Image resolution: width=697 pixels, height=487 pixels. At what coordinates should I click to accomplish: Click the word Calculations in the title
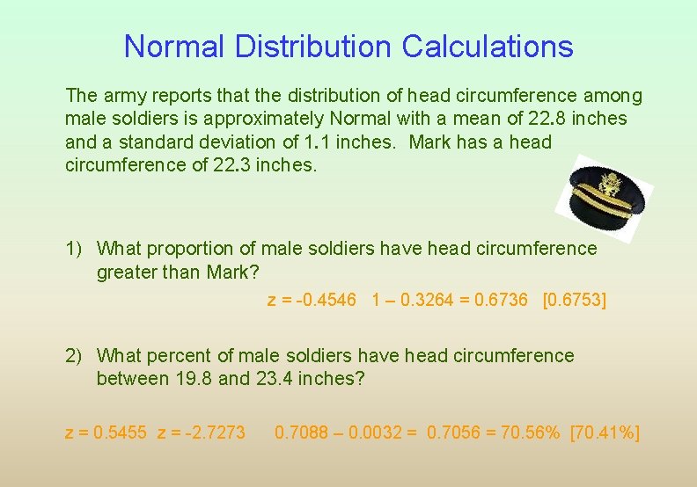tap(488, 46)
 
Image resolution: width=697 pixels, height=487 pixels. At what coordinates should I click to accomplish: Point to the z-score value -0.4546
tap(326, 301)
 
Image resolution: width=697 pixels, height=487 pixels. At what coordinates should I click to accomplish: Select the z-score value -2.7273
tap(216, 432)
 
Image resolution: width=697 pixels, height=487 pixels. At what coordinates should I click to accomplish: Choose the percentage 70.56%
tap(530, 432)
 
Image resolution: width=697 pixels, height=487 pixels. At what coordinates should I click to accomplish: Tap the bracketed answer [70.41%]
tap(605, 432)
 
